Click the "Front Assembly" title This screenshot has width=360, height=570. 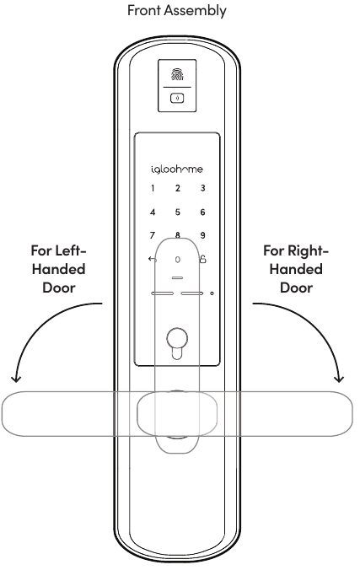tap(177, 10)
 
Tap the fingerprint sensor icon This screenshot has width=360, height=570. tap(177, 74)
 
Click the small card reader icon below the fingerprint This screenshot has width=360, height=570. tap(177, 98)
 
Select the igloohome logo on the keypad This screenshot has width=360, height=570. tap(177, 169)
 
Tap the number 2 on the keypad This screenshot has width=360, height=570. tap(177, 188)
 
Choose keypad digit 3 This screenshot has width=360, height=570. tap(202, 188)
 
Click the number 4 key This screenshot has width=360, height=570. tap(153, 212)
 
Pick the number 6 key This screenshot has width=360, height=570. tap(202, 212)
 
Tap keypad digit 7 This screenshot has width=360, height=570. tap(153, 235)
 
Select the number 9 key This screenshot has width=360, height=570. tap(202, 235)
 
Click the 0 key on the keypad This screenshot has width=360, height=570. tap(177, 260)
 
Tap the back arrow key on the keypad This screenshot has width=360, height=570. tap(153, 259)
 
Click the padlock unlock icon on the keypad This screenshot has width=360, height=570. tap(203, 259)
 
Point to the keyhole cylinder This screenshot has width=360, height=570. tap(177, 343)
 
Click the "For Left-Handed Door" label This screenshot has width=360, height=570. tap(58, 269)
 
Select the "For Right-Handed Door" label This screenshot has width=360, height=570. tap(296, 269)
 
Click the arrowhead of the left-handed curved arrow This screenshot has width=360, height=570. tap(16, 379)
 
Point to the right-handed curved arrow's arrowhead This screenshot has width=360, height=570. tap(339, 379)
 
